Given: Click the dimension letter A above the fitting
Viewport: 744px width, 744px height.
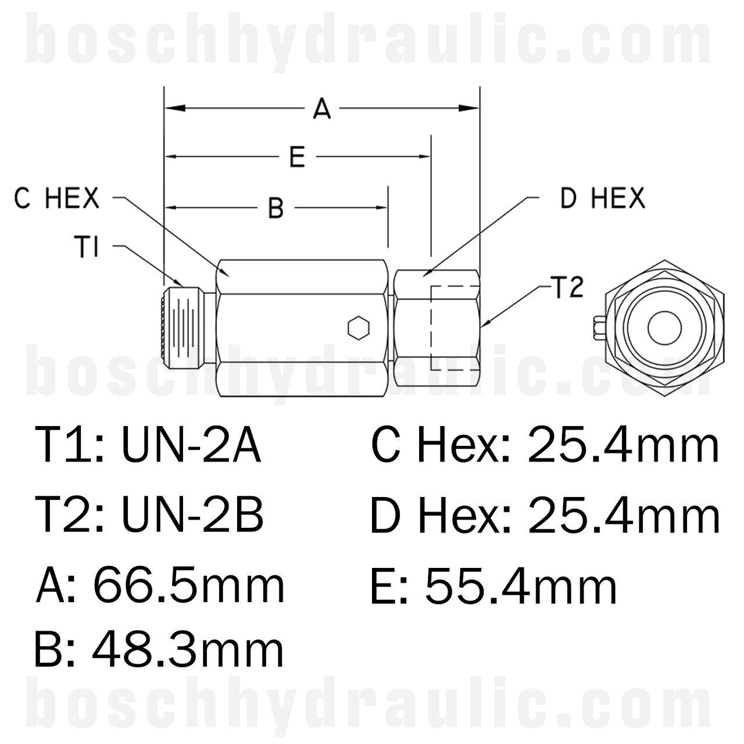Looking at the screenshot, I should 321,109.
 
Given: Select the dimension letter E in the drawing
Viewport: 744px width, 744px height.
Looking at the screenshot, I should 297,157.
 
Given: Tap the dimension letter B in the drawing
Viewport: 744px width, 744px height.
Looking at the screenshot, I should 276,208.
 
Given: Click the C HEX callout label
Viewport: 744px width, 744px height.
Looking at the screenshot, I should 57,199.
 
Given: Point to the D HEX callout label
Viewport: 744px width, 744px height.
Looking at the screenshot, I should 602,199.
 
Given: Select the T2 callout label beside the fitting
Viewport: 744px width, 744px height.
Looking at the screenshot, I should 566,288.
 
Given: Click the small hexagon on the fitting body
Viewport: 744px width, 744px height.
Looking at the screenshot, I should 357,328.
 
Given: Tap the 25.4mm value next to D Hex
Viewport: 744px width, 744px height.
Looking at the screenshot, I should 623,516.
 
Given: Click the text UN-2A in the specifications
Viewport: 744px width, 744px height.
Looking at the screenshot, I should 191,446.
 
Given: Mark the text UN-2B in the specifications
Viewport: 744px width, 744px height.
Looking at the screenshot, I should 192,516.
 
